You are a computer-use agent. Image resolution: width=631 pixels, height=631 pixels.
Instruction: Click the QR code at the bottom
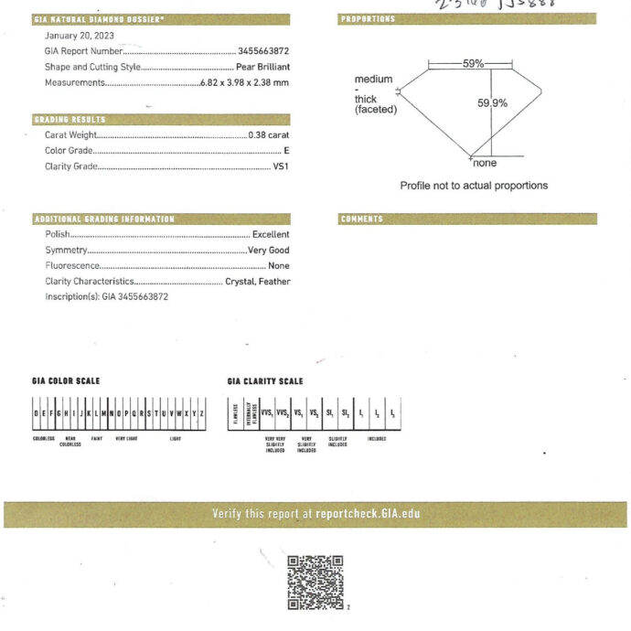(315, 582)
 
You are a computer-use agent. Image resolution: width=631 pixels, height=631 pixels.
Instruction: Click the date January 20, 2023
(80, 36)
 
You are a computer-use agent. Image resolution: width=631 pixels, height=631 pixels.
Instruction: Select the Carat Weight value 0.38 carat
(269, 135)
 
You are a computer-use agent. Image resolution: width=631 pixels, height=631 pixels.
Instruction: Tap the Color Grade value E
(286, 151)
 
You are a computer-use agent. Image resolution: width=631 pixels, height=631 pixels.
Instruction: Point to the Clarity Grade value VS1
(281, 166)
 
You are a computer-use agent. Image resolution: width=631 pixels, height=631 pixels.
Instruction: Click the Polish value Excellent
(271, 235)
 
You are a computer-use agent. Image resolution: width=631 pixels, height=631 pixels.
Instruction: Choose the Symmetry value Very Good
(268, 251)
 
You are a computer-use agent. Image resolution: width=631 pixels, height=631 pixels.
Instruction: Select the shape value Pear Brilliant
(262, 68)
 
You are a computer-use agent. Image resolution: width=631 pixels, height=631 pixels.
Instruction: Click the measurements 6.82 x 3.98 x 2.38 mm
(245, 83)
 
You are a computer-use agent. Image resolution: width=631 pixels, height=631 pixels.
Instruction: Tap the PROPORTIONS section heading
(369, 19)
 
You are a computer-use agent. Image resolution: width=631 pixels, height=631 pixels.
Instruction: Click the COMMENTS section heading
(362, 219)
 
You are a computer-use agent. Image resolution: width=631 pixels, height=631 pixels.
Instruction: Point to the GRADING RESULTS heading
(70, 120)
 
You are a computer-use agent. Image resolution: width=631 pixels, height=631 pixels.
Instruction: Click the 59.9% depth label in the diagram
(492, 103)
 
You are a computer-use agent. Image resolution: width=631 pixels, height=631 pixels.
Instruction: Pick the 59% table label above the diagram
(473, 64)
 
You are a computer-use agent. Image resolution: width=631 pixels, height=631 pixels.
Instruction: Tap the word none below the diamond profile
(485, 163)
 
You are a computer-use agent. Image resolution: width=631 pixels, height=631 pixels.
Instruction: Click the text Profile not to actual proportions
(474, 186)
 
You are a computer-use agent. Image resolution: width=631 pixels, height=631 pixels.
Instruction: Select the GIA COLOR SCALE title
(66, 381)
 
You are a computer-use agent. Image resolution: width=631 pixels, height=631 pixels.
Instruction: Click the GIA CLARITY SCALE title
(265, 381)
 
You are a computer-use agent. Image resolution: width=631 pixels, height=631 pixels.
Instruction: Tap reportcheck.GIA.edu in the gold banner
(368, 514)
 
